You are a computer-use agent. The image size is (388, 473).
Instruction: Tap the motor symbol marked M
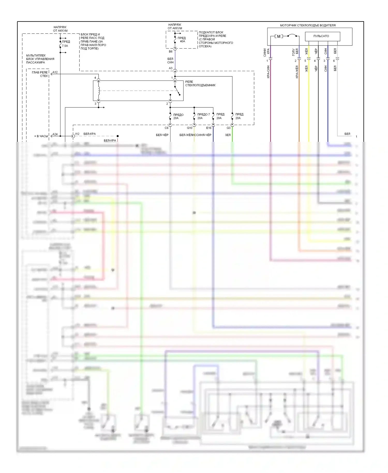coord(279,36)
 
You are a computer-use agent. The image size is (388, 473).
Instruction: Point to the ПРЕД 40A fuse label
coord(182,40)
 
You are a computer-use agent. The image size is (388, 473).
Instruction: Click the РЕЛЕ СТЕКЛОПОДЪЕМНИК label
coord(200,83)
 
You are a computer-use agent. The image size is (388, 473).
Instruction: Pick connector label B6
coord(170,51)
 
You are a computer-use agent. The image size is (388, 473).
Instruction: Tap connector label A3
coord(170,68)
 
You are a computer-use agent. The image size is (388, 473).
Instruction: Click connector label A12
coord(55,72)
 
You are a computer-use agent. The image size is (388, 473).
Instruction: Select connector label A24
coord(55,134)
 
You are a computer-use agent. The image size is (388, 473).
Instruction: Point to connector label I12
coord(77,134)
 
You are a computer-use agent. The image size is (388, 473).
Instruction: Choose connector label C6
coord(167,128)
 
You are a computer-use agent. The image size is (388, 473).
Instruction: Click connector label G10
coord(190,128)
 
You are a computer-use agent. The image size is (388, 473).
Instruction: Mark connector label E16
coord(209,128)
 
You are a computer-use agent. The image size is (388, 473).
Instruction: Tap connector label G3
coord(228,128)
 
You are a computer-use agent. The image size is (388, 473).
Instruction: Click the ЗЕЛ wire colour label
coord(228,135)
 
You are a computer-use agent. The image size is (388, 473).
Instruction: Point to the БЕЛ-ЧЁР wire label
coord(162,135)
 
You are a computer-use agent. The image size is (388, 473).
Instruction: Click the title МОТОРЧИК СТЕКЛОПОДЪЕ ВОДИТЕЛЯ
coord(308,25)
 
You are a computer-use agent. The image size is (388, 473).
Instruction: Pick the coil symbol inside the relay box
coord(99,91)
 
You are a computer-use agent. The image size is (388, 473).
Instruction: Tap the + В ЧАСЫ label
coord(41,136)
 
